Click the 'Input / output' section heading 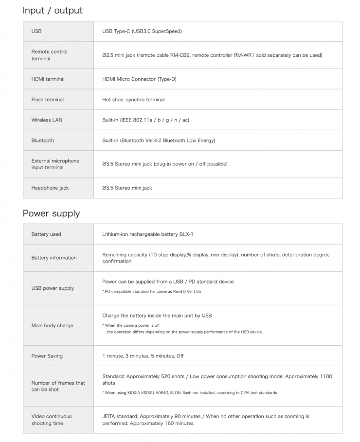53,11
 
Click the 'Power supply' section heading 51,213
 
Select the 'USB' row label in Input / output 36,31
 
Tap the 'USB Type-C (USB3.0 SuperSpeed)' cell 142,31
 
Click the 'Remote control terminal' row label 49,55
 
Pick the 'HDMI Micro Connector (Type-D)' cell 139,79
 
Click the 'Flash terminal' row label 48,99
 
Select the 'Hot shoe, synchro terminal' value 133,99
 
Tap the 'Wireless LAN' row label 47,120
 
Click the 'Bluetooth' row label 43,140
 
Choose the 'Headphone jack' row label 50,188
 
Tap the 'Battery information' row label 54,258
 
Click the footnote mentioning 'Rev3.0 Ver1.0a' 151,291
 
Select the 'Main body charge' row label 52,325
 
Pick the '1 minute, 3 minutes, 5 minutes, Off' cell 143,355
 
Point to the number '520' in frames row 166,376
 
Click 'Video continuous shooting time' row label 52,420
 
